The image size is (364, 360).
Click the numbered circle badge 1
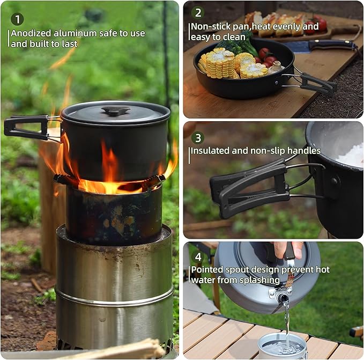17,19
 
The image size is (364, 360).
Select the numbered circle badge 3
198,138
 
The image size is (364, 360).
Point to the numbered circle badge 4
198,257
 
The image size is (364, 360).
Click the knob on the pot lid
116,111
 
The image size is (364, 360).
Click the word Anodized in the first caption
32,33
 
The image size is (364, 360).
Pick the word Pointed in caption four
207,269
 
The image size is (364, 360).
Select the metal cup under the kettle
282,346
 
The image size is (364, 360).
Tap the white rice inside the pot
352,156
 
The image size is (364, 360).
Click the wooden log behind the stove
51,204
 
